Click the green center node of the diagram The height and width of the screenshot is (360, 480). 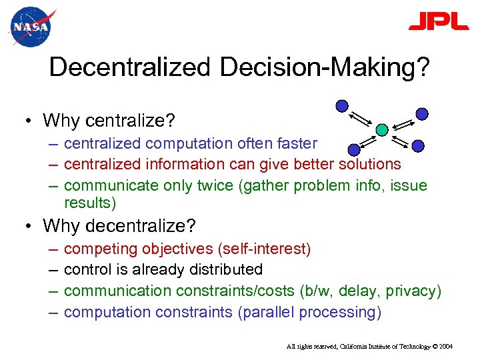[x=381, y=129]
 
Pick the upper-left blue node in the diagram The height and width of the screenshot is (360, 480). [x=341, y=105]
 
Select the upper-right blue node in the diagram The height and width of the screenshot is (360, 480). [x=422, y=113]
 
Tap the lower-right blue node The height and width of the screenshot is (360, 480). [x=417, y=145]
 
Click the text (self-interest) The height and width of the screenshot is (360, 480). [x=265, y=249]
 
